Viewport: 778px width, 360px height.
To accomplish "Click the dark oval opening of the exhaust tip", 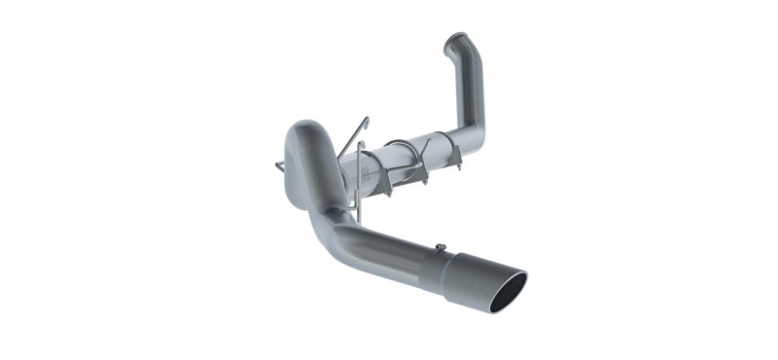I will [x=509, y=292].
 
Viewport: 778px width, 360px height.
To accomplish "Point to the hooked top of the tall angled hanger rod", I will [x=366, y=121].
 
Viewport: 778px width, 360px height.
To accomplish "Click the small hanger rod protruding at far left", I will [x=280, y=167].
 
